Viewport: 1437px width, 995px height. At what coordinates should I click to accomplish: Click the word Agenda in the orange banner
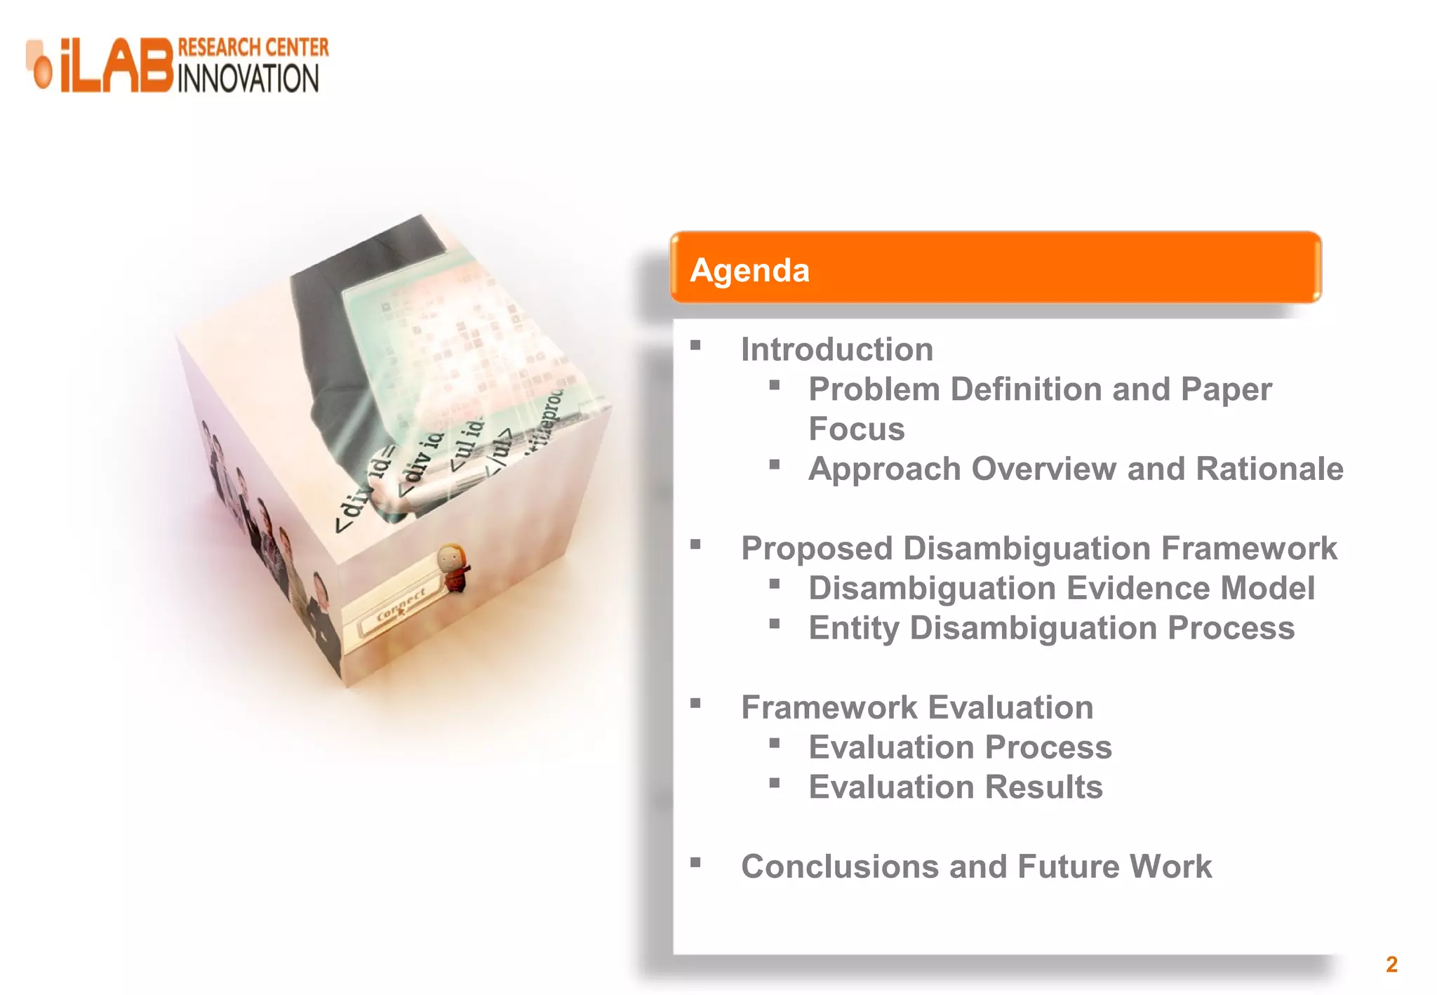749,271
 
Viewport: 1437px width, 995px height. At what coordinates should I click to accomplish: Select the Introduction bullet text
837,349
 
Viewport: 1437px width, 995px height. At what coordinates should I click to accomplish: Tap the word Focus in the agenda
856,429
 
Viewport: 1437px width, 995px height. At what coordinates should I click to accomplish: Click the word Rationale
1269,469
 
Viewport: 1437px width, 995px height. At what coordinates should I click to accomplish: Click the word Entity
853,628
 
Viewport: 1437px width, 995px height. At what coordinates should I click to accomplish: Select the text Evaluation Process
960,747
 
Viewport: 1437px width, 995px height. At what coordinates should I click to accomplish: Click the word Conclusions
839,867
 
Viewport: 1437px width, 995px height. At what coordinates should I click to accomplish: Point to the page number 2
1391,964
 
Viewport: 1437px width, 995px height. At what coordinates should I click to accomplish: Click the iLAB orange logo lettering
116,65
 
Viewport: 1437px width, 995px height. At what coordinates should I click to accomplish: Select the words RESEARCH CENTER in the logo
253,48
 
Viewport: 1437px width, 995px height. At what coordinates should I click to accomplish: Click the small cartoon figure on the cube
453,568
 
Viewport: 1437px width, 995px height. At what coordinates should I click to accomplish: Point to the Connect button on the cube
401,606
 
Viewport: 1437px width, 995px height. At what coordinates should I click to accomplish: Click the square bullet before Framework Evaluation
695,704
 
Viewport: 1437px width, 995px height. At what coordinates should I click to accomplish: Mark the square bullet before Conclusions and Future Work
695,863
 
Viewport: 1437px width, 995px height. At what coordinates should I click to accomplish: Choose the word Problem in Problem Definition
874,389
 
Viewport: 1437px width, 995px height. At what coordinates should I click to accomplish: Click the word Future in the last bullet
1068,867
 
